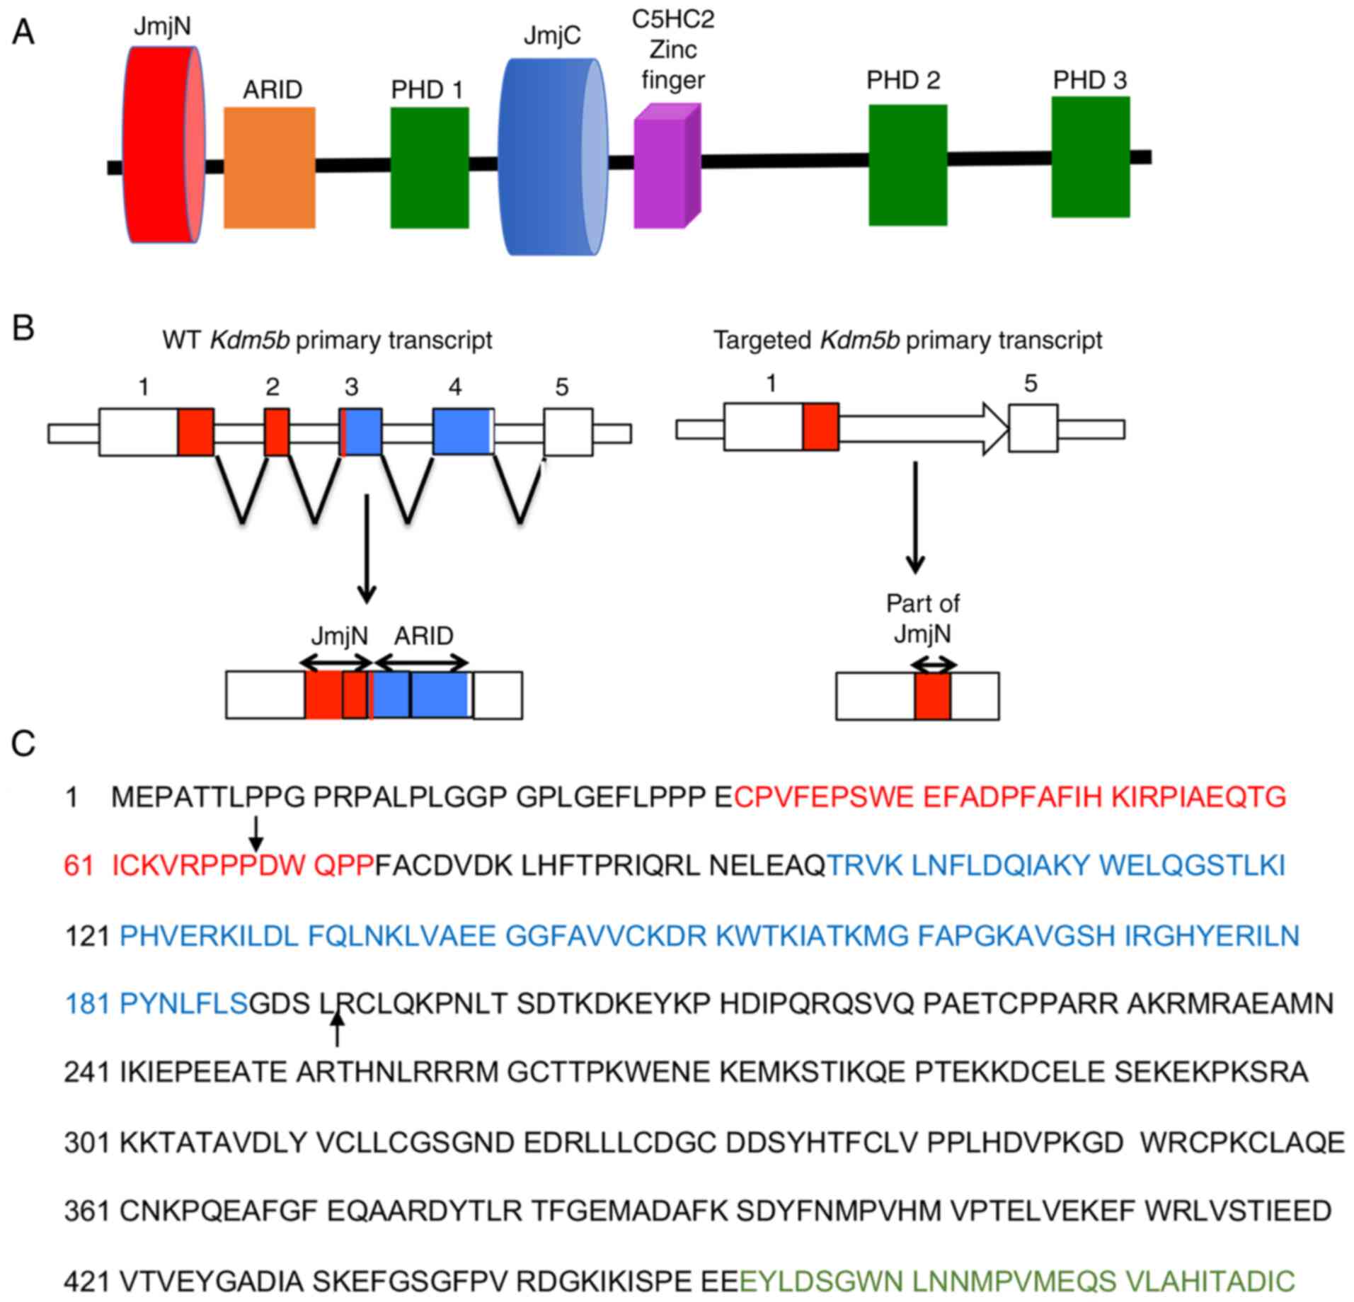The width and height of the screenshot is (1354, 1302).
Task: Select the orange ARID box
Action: tap(270, 168)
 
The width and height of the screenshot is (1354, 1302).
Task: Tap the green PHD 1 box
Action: tap(430, 168)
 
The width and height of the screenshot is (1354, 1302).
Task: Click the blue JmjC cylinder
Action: tap(552, 157)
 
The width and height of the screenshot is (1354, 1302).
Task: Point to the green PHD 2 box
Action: tap(908, 165)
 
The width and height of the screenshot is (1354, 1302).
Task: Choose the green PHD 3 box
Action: tap(1090, 157)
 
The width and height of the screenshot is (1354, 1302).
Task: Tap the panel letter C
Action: tap(23, 744)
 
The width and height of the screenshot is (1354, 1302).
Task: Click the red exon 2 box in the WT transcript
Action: tap(277, 432)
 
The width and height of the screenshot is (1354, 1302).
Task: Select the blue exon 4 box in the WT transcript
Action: tap(463, 432)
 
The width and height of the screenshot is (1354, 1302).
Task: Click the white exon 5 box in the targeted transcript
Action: tap(1033, 428)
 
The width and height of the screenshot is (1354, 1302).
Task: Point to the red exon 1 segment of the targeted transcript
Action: tap(821, 427)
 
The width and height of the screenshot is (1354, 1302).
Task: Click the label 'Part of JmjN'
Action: tap(922, 618)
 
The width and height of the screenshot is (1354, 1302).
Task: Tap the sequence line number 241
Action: tap(86, 1073)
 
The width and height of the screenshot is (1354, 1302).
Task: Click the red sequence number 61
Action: tap(79, 865)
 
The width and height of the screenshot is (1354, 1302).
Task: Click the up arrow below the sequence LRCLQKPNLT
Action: tap(338, 1029)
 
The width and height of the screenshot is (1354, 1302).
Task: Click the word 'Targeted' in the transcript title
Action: tap(762, 341)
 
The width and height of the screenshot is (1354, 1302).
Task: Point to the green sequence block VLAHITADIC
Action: tap(1210, 1281)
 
